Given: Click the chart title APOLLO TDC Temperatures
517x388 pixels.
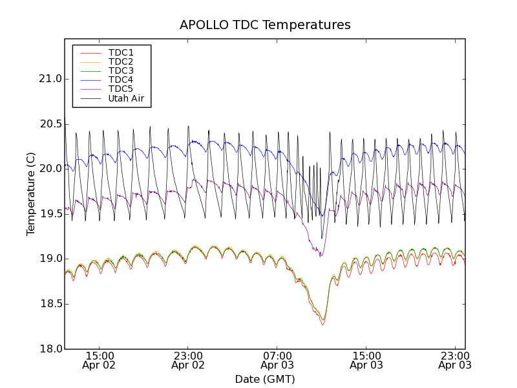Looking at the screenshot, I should (265, 25).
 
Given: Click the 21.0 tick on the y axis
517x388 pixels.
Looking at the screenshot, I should (50, 79).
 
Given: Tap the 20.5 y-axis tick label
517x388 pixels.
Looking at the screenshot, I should (50, 124).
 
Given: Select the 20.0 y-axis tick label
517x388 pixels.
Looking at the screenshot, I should (50, 169).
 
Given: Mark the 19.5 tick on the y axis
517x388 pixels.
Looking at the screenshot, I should (50, 214).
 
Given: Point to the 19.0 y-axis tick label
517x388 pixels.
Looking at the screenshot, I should (50, 259).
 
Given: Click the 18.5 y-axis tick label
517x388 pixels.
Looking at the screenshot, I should (50, 304).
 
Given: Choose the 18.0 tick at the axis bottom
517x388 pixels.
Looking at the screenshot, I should (50, 349).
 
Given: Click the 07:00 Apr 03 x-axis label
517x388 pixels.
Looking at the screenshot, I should (277, 360).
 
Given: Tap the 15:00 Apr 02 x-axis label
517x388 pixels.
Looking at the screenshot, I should (100, 360).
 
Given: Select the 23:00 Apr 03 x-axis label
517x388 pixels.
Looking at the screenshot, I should (455, 360).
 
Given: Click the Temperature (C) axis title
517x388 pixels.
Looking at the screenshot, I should (31, 194).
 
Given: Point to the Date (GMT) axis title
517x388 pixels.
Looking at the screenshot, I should (265, 379).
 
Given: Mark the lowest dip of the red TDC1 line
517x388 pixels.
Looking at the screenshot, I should (322, 324).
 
